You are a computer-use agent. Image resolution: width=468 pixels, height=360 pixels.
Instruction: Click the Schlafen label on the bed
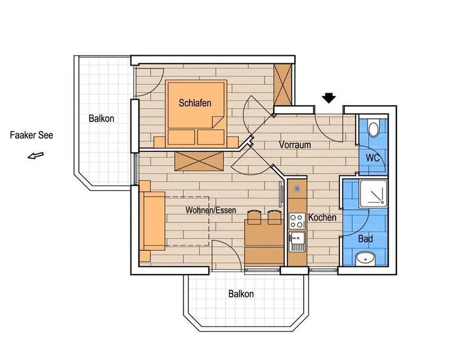pyautogui.click(x=195, y=103)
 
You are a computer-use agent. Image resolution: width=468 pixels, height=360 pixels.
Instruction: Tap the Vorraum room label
pyautogui.click(x=295, y=145)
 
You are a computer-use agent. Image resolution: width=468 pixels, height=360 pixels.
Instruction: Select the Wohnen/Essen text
pyautogui.click(x=211, y=210)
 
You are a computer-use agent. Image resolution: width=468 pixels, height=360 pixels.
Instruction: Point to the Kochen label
pyautogui.click(x=322, y=218)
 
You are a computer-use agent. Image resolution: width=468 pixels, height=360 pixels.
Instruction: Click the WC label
pyautogui.click(x=373, y=158)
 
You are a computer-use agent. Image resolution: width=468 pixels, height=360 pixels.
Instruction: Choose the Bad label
pyautogui.click(x=366, y=239)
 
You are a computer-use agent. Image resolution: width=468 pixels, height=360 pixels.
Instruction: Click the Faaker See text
pyautogui.click(x=31, y=135)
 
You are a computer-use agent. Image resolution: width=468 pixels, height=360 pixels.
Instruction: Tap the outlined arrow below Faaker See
pyautogui.click(x=36, y=156)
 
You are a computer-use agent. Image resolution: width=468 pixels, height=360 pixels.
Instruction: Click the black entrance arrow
pyautogui.click(x=329, y=98)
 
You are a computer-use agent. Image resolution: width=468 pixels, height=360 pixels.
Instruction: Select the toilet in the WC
pyautogui.click(x=374, y=129)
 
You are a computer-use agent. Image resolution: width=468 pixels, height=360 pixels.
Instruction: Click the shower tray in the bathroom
pyautogui.click(x=374, y=194)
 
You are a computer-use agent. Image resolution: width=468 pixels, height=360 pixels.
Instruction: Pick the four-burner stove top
pyautogui.click(x=297, y=221)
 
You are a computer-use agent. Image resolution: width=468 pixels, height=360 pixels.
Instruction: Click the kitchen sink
pyautogui.click(x=297, y=241)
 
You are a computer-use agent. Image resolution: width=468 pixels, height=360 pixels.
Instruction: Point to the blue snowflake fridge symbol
pyautogui.click(x=297, y=189)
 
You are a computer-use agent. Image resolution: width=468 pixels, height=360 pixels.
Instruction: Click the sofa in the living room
pyautogui.click(x=152, y=221)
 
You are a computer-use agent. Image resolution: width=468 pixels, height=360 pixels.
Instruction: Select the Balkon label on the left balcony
pyautogui.click(x=102, y=118)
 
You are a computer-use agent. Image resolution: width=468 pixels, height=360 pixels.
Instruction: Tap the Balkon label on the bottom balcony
pyautogui.click(x=241, y=294)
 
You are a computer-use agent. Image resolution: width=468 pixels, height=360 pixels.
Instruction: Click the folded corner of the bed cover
pyautogui.click(x=217, y=121)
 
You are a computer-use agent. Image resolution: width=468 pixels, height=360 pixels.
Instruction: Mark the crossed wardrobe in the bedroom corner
pyautogui.click(x=283, y=84)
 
